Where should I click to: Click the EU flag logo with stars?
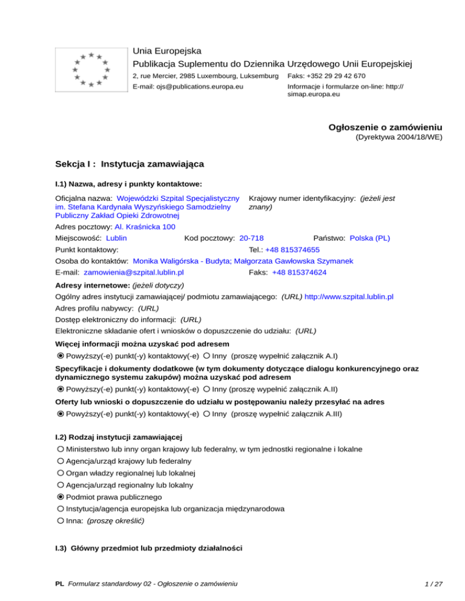(x=90, y=69)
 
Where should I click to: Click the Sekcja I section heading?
(x=129, y=164)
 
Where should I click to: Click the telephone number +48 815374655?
(x=292, y=250)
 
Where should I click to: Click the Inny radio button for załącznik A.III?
(x=206, y=414)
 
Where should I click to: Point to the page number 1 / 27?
(x=432, y=584)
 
